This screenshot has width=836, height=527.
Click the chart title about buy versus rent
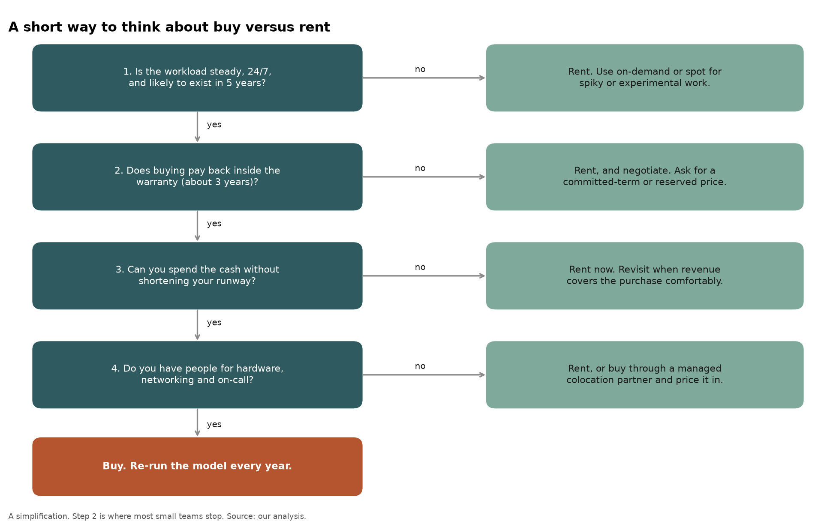point(169,27)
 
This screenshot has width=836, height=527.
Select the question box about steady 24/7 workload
point(197,78)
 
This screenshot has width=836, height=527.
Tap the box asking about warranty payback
point(197,177)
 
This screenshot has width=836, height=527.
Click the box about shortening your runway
point(197,275)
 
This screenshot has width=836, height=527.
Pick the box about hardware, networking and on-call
point(197,374)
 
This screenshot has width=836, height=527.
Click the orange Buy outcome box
point(197,467)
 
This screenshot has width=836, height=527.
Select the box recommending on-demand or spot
point(644,78)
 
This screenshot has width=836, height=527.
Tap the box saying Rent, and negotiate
point(644,177)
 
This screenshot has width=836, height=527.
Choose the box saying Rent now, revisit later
point(644,275)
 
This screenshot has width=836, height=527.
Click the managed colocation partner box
point(644,374)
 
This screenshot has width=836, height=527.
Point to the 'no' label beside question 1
point(420,69)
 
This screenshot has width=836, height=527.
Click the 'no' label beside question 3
point(420,267)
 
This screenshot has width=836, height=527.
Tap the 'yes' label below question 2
point(214,224)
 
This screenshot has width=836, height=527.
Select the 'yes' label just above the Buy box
point(214,424)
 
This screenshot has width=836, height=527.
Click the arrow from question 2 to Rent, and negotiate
point(424,177)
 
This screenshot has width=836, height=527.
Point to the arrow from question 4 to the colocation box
point(424,374)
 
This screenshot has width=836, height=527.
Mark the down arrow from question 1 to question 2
point(197,127)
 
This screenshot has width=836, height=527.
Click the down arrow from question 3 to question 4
point(197,325)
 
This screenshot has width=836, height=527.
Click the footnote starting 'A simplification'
point(157,516)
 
